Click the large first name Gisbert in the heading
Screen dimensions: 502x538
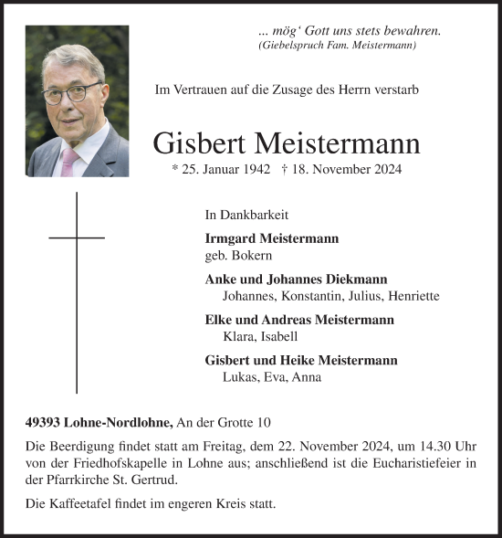206,143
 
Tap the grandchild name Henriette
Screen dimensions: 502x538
413,297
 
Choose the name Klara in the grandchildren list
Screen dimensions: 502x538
238,337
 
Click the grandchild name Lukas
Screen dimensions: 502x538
239,377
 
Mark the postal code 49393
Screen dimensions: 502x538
45,422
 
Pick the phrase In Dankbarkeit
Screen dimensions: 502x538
246,216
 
